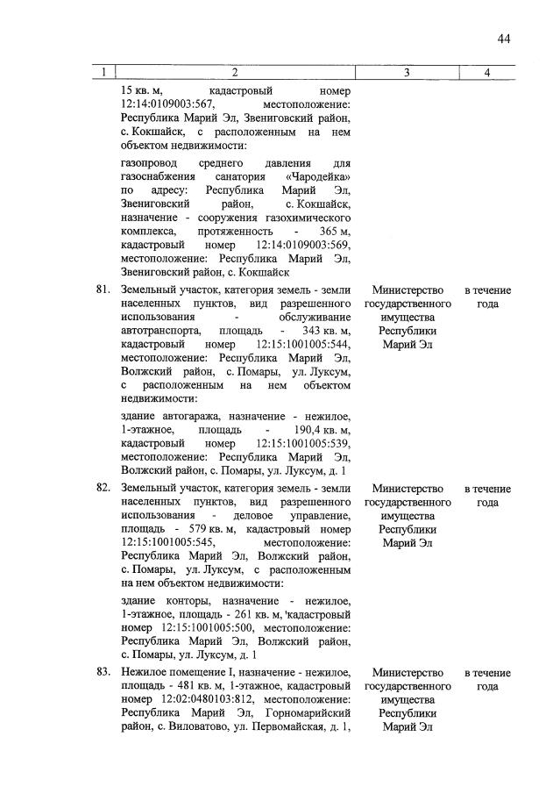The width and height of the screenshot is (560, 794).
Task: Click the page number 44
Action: [504, 38]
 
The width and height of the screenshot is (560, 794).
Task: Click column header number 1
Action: [103, 72]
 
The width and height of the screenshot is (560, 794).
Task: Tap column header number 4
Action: [487, 72]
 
